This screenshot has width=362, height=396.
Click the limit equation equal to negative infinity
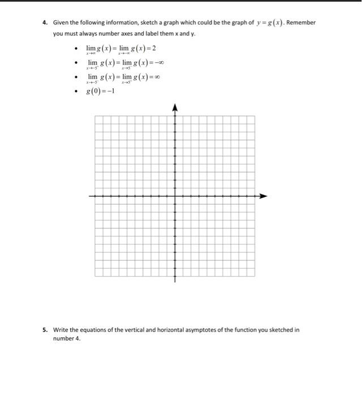point(125,63)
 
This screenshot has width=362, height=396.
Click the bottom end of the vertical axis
point(175,281)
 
